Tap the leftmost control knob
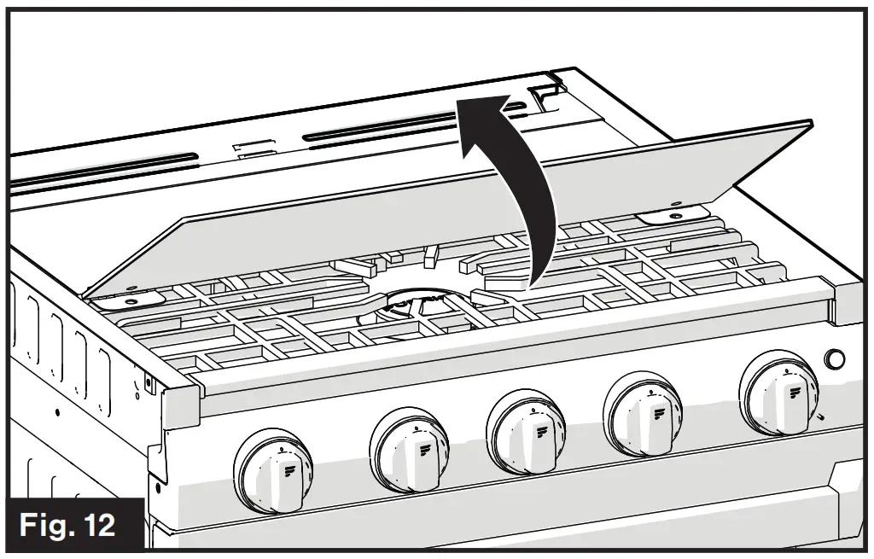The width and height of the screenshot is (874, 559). point(273,469)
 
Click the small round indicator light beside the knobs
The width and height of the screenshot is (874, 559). point(836,359)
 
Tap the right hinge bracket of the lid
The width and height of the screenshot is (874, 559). point(674,213)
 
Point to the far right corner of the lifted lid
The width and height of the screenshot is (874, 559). point(807,123)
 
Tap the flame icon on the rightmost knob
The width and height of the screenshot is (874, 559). point(795,392)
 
